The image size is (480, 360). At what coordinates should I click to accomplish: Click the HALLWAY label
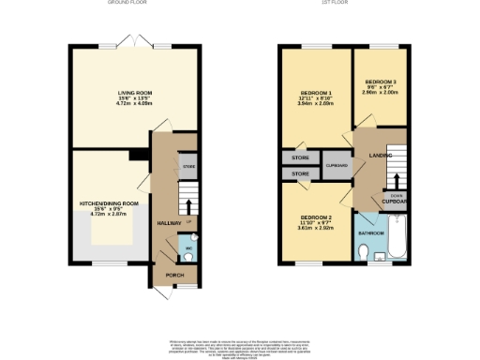pyautogui.click(x=169, y=223)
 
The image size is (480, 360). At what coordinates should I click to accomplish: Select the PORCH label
pyautogui.click(x=174, y=275)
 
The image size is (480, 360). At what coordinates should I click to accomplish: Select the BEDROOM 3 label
pyautogui.click(x=381, y=82)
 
